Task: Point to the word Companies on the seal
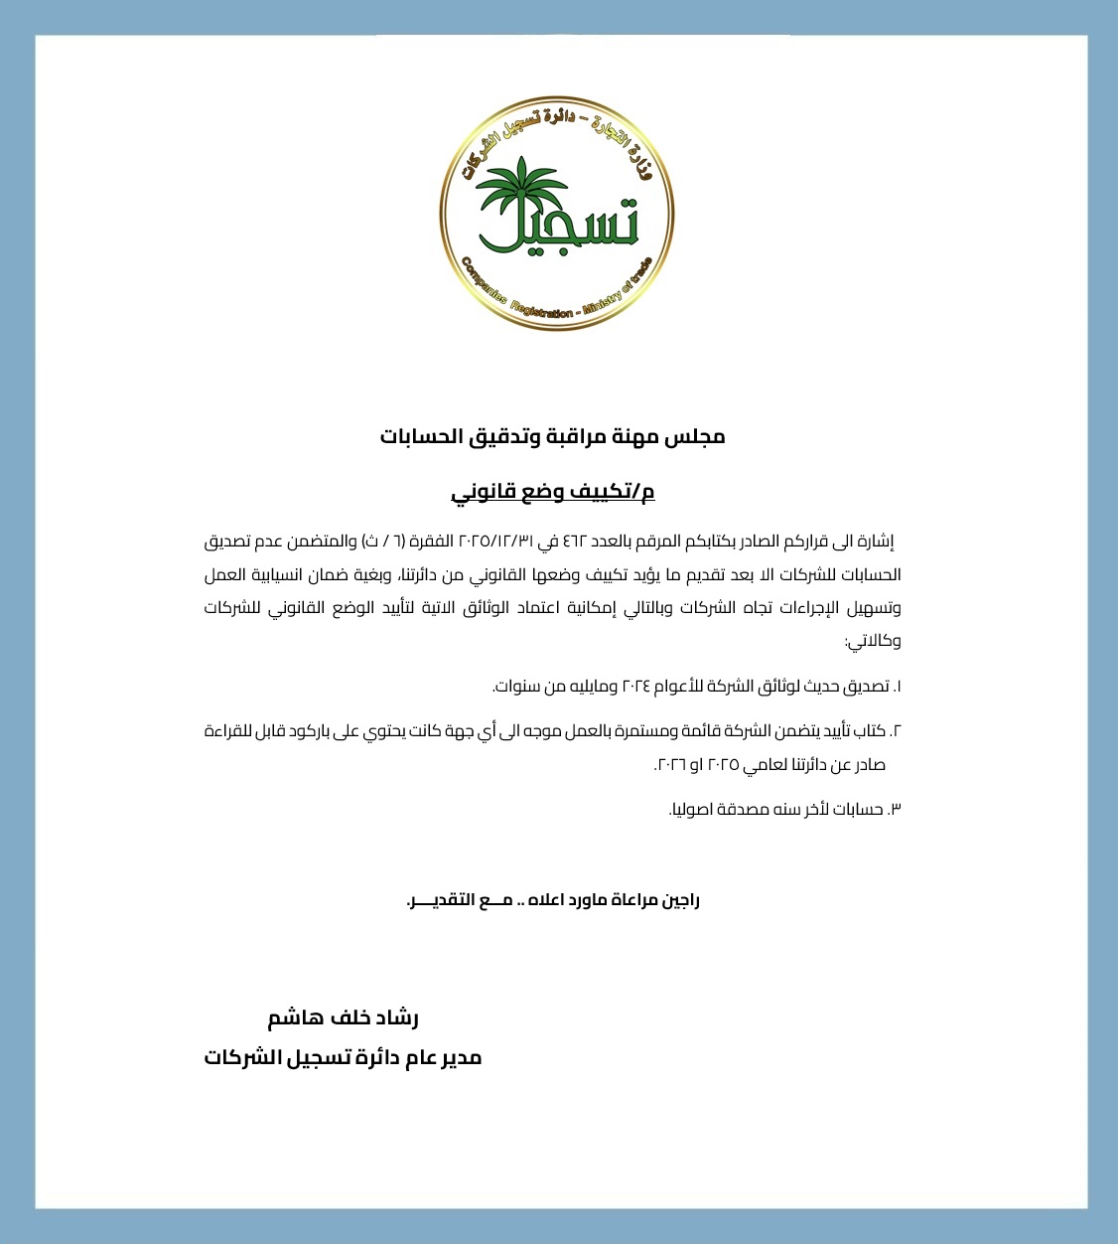484,283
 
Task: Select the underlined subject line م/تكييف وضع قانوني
553,492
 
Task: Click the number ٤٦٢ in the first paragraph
575,543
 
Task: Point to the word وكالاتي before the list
874,641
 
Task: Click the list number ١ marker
897,687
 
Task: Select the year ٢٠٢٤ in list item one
635,687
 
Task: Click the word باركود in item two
311,731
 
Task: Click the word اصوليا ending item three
691,810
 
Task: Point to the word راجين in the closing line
680,901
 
